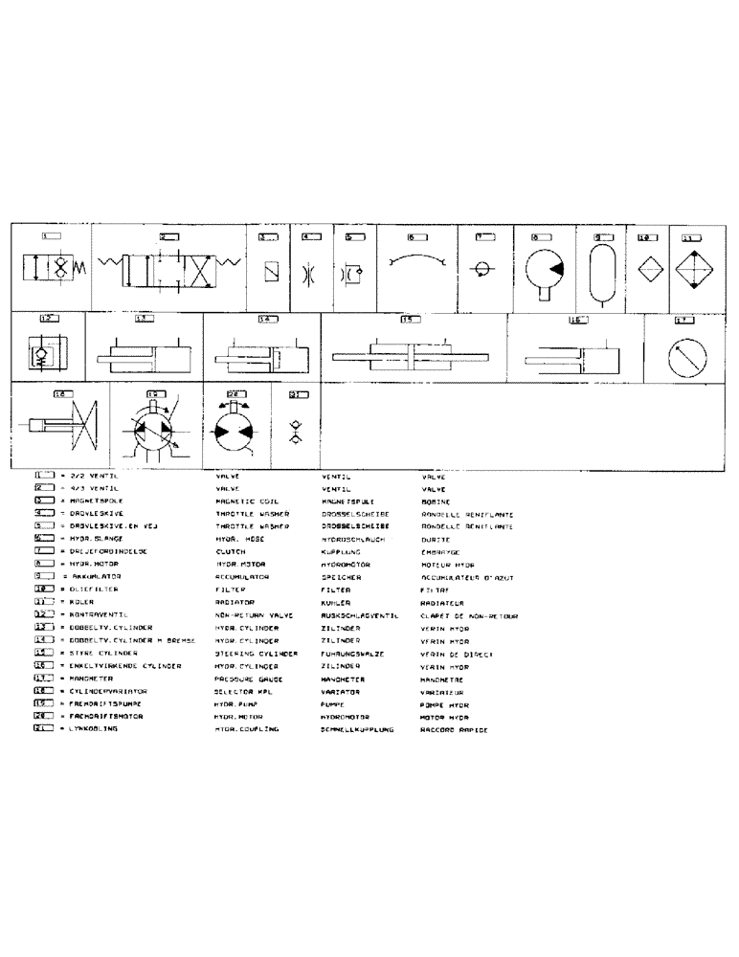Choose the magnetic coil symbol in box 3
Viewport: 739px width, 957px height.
[x=271, y=271]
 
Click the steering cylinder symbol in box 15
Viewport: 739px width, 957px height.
[x=412, y=356]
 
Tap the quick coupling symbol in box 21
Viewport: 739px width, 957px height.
[x=296, y=429]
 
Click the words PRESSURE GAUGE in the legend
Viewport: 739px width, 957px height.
[x=242, y=678]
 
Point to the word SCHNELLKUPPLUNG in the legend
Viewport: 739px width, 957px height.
[x=358, y=728]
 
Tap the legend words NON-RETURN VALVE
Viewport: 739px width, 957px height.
[x=248, y=615]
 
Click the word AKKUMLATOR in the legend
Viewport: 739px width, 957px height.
[x=92, y=577]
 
